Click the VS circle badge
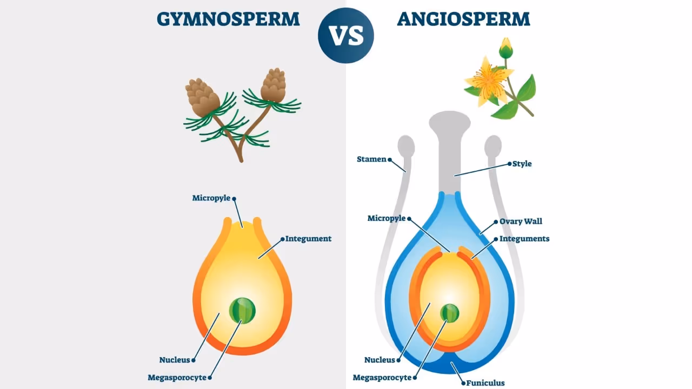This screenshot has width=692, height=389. click(346, 36)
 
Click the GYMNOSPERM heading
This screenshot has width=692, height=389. click(228, 19)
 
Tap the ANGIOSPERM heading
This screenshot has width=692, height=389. click(463, 19)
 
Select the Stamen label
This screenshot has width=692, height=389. click(372, 159)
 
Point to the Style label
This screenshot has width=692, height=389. click(522, 164)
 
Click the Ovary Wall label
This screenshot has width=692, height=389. click(521, 221)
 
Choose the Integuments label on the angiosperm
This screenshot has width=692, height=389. click(524, 239)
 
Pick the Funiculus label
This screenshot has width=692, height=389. click(485, 383)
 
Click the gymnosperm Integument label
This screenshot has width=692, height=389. click(308, 239)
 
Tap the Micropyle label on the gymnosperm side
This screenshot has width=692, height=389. click(211, 198)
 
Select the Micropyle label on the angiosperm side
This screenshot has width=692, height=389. click(387, 218)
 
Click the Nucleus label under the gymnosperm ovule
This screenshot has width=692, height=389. click(174, 360)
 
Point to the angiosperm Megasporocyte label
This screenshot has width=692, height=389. click(382, 378)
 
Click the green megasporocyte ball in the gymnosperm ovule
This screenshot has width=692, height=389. click(242, 311)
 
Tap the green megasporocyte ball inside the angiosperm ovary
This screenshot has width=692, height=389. click(450, 313)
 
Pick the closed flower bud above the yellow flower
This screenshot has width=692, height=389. click(506, 49)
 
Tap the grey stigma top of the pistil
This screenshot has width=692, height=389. click(450, 122)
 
